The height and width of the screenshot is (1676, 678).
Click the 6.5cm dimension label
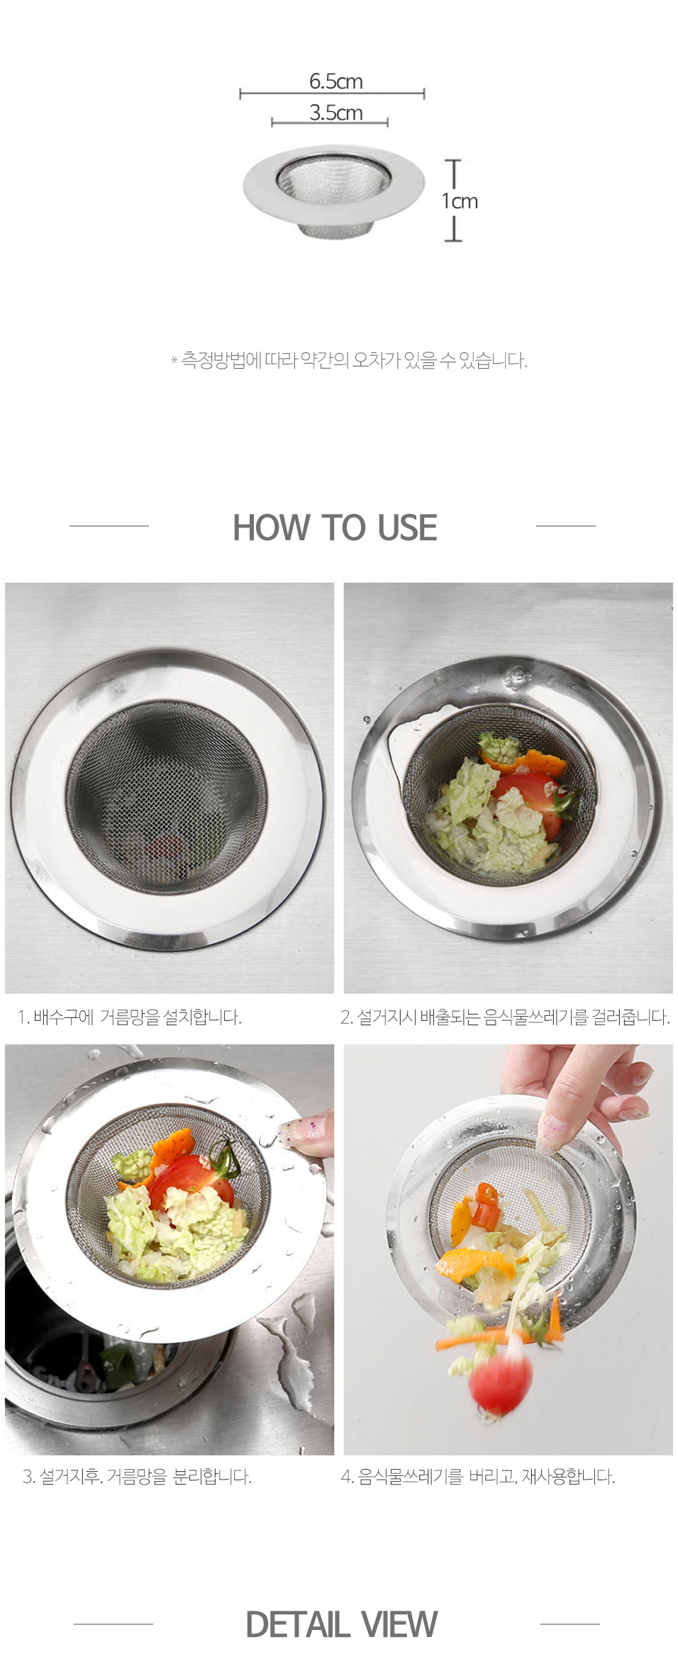(335, 82)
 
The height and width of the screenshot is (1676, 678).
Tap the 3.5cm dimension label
(335, 113)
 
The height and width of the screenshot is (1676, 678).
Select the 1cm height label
(460, 201)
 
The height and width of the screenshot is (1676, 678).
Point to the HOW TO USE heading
(335, 527)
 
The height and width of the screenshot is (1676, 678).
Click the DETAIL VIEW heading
(341, 1624)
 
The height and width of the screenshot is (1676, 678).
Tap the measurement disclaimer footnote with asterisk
(349, 360)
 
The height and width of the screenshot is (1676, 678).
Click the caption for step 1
(130, 1017)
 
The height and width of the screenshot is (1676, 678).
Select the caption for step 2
(505, 1017)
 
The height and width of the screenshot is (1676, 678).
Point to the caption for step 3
(137, 1477)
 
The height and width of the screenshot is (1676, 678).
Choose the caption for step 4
(478, 1477)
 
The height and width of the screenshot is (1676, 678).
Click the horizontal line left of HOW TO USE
(109, 526)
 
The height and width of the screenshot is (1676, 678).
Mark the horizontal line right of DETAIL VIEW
(570, 1624)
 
